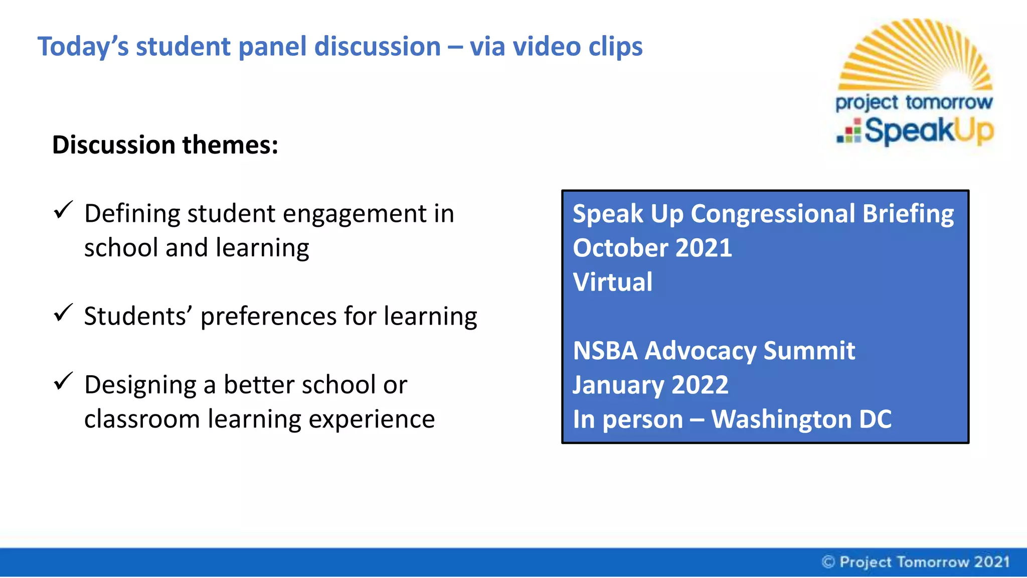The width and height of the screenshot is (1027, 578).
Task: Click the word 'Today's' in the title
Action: pyautogui.click(x=83, y=47)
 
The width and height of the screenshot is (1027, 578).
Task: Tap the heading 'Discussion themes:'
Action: pyautogui.click(x=165, y=145)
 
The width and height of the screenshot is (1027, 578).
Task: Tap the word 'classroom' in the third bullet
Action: pyautogui.click(x=142, y=419)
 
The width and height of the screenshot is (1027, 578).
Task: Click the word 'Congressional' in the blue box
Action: pyautogui.click(x=773, y=214)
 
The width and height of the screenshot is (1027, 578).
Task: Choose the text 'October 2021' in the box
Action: pyautogui.click(x=652, y=248)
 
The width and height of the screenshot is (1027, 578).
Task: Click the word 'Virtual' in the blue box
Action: pyautogui.click(x=612, y=282)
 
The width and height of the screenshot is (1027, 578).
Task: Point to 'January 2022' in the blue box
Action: pyautogui.click(x=650, y=385)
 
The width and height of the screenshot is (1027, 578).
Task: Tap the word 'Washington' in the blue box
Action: pyautogui.click(x=781, y=419)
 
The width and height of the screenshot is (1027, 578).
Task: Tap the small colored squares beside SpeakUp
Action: pyautogui.click(x=849, y=132)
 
